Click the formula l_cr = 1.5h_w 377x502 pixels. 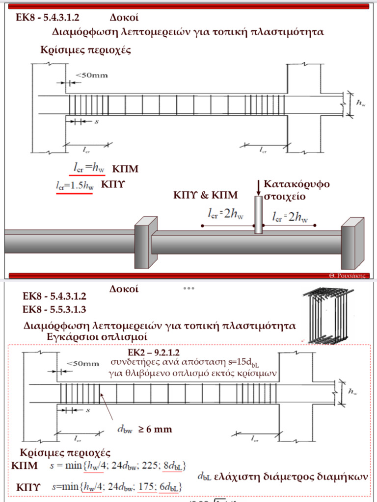74,186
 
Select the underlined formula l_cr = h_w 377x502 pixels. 87,168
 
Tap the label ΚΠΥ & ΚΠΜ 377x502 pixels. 206,195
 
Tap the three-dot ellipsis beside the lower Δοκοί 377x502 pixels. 189,288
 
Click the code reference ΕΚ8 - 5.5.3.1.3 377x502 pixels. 54,309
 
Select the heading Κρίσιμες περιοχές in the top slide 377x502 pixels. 86,50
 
